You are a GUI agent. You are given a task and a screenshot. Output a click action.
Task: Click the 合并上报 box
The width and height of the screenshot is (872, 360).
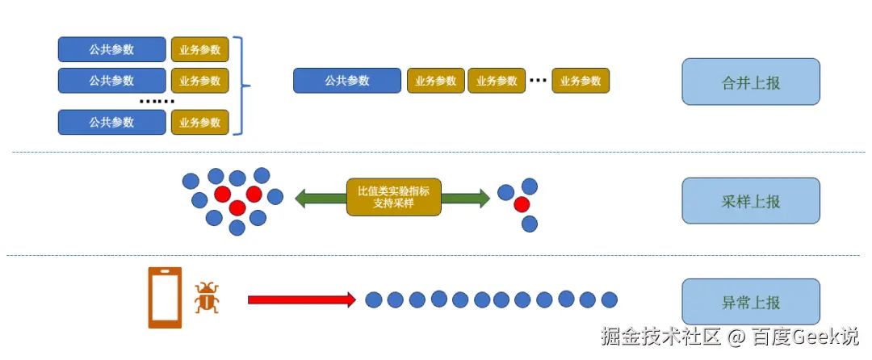pyautogui.click(x=751, y=82)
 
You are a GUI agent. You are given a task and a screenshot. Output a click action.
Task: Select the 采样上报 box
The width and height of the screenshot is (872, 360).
pyautogui.click(x=751, y=201)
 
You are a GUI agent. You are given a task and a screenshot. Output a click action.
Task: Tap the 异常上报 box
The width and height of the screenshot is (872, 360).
pyautogui.click(x=751, y=302)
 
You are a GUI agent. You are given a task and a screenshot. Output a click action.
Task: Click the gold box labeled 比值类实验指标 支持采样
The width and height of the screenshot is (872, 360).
pyautogui.click(x=394, y=197)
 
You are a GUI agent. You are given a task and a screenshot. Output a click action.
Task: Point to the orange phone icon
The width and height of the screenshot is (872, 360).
pyautogui.click(x=165, y=297)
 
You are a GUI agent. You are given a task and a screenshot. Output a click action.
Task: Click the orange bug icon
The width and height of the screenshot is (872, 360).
pyautogui.click(x=207, y=298)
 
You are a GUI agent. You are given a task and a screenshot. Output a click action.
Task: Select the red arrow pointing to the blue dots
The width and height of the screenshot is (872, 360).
pyautogui.click(x=301, y=300)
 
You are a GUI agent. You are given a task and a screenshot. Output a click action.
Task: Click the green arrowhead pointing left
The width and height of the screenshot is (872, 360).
pyautogui.click(x=302, y=198)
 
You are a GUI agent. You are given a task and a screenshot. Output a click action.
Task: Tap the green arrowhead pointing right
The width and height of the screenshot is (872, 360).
pyautogui.click(x=483, y=198)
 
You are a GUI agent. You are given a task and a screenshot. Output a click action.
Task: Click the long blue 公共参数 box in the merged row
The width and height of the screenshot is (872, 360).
pyautogui.click(x=347, y=81)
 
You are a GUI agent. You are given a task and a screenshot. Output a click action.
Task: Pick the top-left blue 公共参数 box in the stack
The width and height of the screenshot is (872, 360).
pyautogui.click(x=111, y=49)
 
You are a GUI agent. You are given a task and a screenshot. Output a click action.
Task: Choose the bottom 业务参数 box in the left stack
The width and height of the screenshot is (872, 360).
pyautogui.click(x=199, y=123)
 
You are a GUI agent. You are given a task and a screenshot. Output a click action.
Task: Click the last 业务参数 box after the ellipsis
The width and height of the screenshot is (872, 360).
pyautogui.click(x=581, y=81)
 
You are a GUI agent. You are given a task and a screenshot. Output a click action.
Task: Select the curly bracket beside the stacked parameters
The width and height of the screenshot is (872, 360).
pyautogui.click(x=241, y=86)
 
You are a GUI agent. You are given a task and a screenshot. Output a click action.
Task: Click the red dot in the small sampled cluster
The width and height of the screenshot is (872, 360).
pyautogui.click(x=522, y=203)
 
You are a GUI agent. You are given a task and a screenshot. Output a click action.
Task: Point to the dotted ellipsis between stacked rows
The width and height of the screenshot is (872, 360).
pyautogui.click(x=157, y=102)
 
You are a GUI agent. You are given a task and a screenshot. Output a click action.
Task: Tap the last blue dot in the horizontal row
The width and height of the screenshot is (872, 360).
pyautogui.click(x=609, y=299)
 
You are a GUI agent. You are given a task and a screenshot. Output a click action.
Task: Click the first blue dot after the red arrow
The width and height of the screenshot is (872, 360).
pyautogui.click(x=373, y=300)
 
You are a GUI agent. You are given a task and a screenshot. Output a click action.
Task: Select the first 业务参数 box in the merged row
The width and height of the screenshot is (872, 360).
pyautogui.click(x=436, y=81)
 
